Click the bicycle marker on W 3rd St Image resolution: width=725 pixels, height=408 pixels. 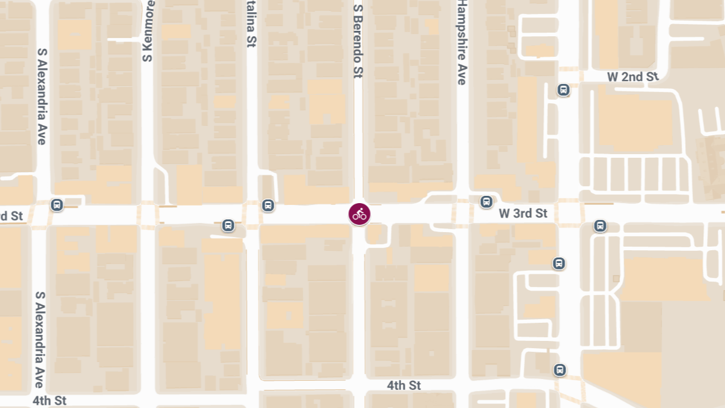[359, 214]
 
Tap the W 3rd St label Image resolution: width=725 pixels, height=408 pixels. [523, 213]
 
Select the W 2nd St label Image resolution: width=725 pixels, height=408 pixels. [633, 77]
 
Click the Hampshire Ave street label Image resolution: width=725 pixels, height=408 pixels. [462, 42]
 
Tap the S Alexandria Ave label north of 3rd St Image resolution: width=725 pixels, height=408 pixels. [42, 97]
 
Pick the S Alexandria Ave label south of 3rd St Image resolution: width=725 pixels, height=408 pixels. [40, 340]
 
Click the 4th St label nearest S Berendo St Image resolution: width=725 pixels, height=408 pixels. [404, 386]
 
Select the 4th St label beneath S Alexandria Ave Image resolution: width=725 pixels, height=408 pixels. [50, 400]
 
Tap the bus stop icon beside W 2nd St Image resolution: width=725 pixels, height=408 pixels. [564, 90]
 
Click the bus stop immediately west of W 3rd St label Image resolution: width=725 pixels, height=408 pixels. [486, 201]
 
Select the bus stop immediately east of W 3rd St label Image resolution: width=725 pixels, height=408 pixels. [600, 226]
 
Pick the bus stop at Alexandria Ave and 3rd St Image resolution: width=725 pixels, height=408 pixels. [57, 205]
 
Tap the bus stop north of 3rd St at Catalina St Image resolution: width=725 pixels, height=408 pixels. [268, 205]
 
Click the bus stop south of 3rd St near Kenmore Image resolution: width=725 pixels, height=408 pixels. [228, 225]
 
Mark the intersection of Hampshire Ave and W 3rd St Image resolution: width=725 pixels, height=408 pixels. [462, 214]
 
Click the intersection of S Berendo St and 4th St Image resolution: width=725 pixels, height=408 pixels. [358, 386]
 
